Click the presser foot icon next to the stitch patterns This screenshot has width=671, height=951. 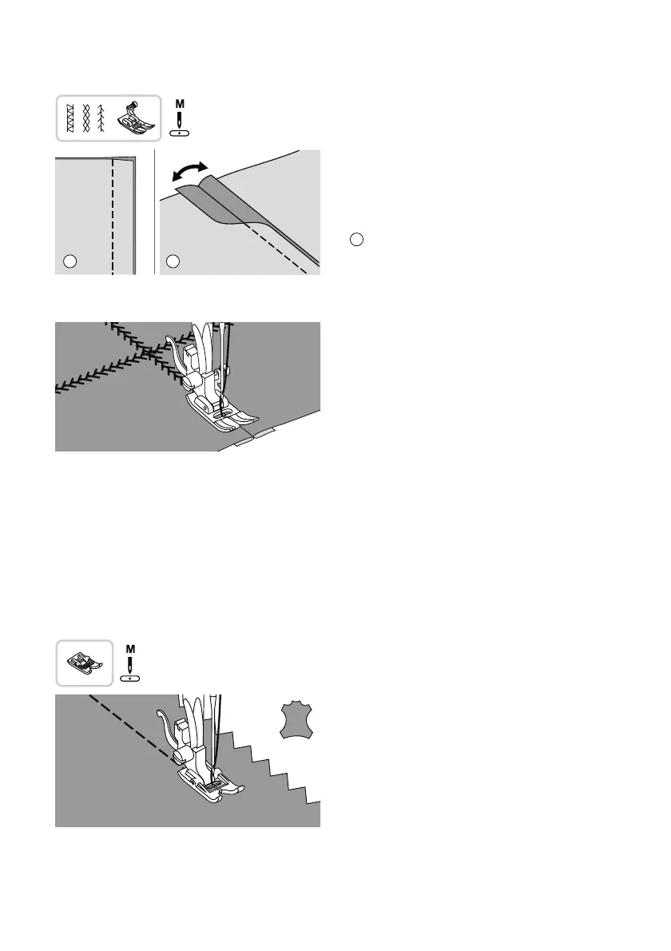133,117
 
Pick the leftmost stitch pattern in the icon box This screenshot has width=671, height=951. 70,117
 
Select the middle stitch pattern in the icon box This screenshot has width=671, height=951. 86,117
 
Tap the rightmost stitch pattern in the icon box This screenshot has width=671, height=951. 102,117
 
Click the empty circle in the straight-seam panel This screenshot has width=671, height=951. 69,261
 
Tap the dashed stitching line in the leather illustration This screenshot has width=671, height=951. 128,725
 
